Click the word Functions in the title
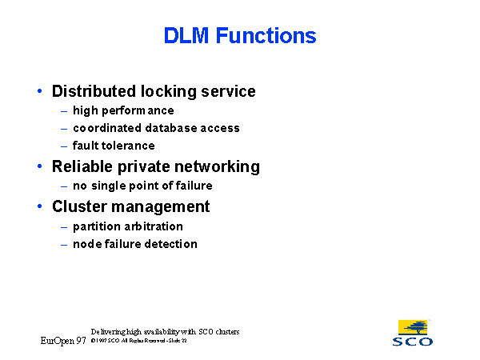click(266, 36)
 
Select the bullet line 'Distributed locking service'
click(154, 91)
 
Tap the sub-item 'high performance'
click(123, 110)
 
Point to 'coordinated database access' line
click(156, 128)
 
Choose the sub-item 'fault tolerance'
click(114, 146)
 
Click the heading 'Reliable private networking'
click(156, 166)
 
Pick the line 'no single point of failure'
click(142, 186)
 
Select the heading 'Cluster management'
click(131, 206)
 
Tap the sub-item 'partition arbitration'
click(128, 226)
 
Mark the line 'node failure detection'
click(135, 244)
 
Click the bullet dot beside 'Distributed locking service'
click(40, 91)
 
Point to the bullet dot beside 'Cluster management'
click(40, 206)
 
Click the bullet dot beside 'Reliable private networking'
click(40, 166)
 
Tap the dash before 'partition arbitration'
click(64, 226)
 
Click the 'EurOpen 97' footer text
click(63, 341)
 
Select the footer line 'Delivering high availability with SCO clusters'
click(165, 331)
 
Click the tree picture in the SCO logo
click(412, 327)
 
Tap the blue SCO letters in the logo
click(413, 342)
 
